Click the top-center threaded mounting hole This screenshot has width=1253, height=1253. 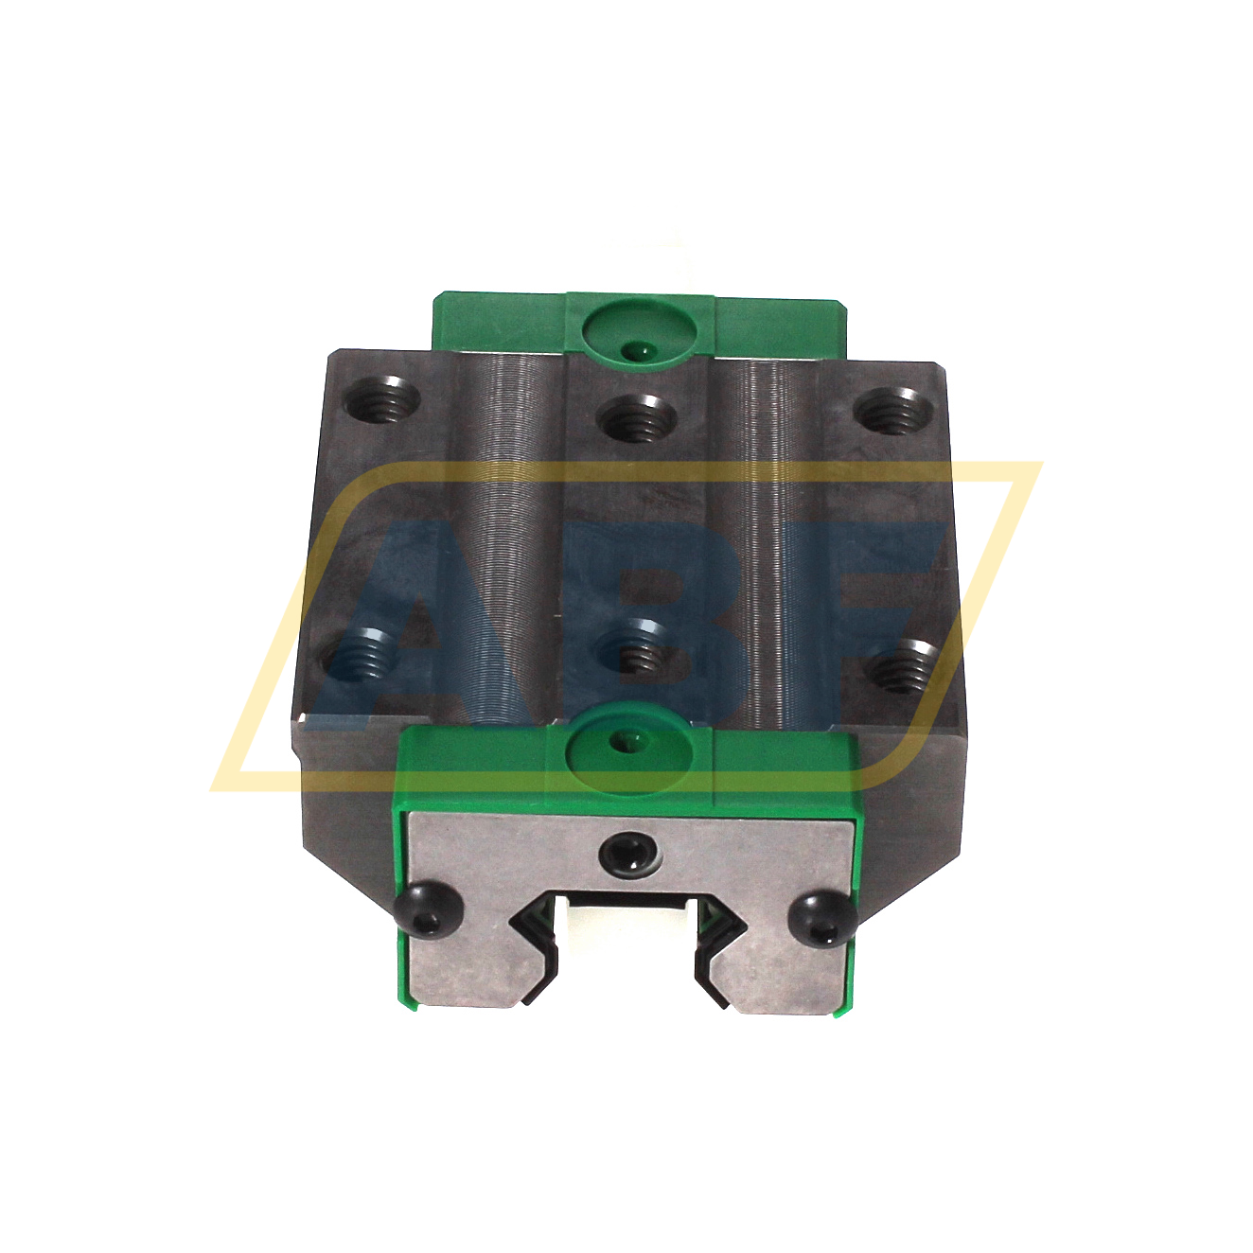point(638,417)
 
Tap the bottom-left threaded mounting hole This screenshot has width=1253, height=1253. point(364,655)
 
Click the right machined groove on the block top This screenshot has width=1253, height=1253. point(771,530)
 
